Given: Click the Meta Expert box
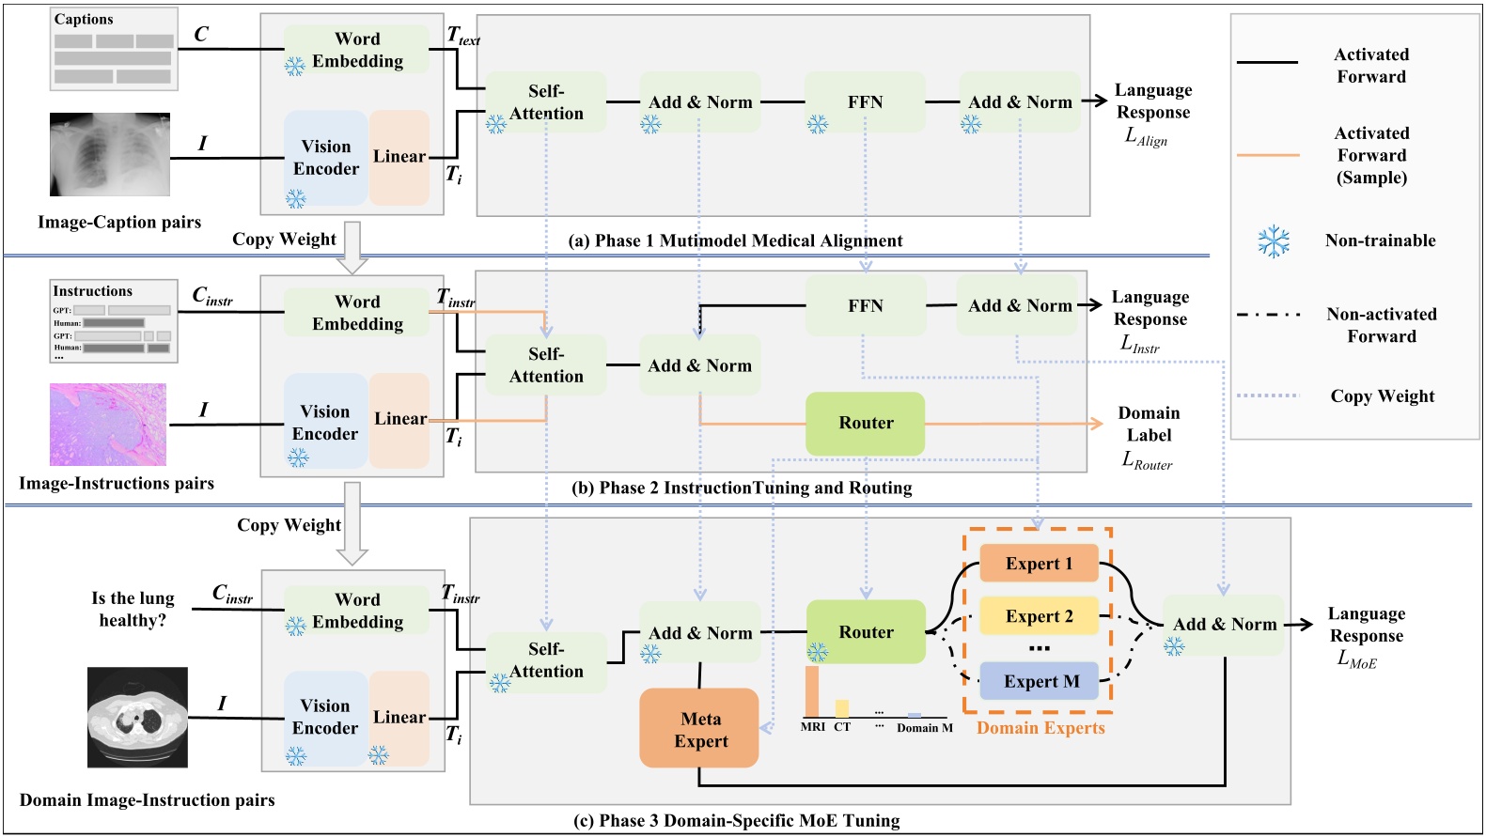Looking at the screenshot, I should pos(699,729).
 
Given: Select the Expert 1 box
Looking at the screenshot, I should pos(1039,564).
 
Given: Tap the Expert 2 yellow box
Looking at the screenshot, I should pos(1039,616).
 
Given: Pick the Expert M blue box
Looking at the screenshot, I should pos(1039,681).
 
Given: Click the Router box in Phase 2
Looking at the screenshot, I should pos(866,423).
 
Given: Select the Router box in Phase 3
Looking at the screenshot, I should pos(866,632).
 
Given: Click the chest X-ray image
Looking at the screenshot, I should pos(110,154).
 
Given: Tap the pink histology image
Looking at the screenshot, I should pos(108,425).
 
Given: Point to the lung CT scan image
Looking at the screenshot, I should pos(137,717).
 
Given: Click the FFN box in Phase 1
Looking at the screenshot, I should pos(865,101).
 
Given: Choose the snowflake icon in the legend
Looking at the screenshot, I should pos(1274,241).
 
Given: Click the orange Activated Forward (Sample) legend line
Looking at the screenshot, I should pos(1267,155).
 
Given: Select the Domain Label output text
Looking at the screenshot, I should pos(1149,424).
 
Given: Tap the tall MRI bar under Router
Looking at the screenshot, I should pos(811,691).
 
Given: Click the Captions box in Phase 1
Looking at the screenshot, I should pos(114,49).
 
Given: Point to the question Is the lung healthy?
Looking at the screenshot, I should pos(133,609).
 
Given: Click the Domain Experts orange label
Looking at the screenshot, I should pos(1040,728).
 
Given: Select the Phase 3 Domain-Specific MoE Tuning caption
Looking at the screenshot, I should pos(736,820).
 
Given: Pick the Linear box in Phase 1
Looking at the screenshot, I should pos(399,157).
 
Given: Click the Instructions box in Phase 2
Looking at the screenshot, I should pos(114,320).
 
